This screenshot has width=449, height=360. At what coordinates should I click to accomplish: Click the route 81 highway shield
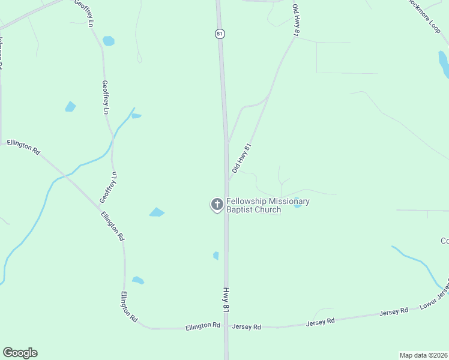click(x=220, y=34)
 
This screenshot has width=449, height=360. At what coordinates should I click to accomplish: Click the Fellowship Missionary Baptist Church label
click(x=268, y=205)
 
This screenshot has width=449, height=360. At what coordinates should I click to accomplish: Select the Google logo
click(x=20, y=353)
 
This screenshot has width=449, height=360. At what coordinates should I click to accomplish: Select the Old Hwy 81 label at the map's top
click(x=296, y=20)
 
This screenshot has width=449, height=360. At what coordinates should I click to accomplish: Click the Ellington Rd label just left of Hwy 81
click(x=203, y=326)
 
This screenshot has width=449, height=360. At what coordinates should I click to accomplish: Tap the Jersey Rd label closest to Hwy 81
click(x=247, y=327)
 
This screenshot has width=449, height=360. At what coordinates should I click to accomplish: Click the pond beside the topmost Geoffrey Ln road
click(x=108, y=41)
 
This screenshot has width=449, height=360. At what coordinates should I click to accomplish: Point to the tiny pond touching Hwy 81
click(x=216, y=256)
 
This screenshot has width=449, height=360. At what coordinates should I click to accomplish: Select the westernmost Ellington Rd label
click(x=23, y=147)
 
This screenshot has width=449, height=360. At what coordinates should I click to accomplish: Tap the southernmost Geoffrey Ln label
click(x=108, y=187)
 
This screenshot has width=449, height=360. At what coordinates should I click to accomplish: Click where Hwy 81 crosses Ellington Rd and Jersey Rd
click(x=226, y=327)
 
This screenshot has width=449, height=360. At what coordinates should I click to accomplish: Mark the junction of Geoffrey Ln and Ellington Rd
click(x=99, y=208)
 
